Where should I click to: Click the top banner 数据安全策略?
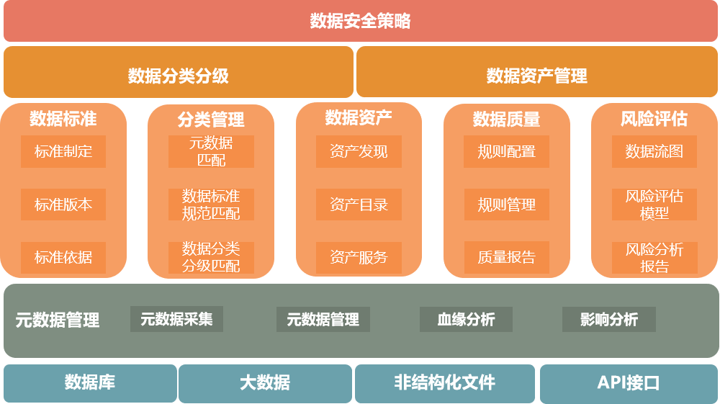(x=360, y=22)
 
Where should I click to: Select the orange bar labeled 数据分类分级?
(x=179, y=75)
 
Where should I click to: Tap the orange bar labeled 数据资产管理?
(x=536, y=75)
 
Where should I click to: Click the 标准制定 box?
(x=63, y=151)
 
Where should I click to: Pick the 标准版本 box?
(x=63, y=205)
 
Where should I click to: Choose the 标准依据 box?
(x=63, y=257)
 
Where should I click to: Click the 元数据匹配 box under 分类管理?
(x=211, y=151)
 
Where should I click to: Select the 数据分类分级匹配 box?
(x=211, y=257)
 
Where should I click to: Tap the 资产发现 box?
(x=359, y=151)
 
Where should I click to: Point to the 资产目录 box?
(x=359, y=205)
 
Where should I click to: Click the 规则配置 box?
(x=506, y=151)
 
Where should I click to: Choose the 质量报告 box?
(x=506, y=257)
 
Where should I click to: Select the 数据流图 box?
(x=654, y=151)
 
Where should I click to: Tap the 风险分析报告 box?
(x=654, y=257)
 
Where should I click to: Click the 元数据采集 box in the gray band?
(x=176, y=319)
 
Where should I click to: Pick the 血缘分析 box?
(x=466, y=319)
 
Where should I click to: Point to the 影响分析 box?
(x=609, y=319)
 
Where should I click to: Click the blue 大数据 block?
(x=265, y=383)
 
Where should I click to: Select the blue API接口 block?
(x=629, y=383)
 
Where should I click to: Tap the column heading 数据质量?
(x=506, y=119)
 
